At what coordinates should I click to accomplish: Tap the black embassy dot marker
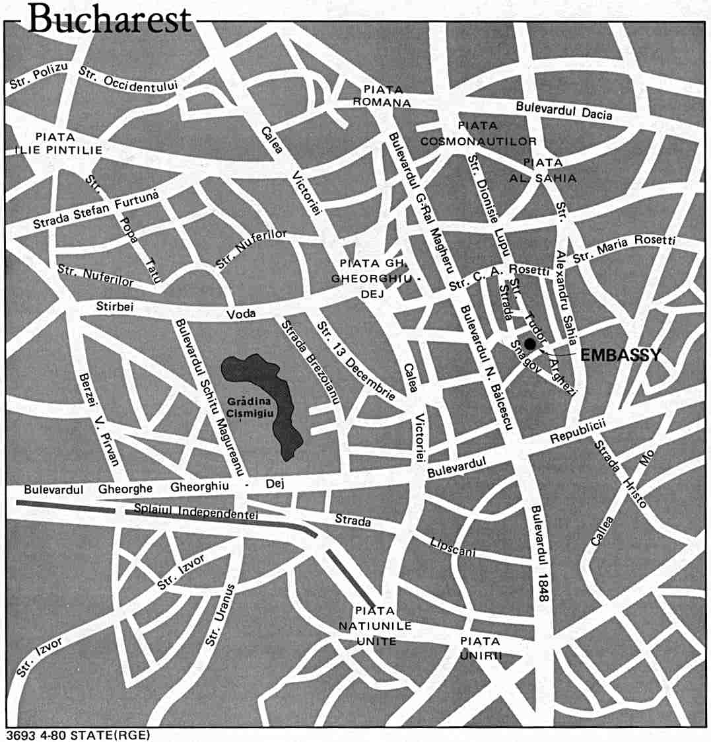(530, 343)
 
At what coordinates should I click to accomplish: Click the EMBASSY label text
(620, 355)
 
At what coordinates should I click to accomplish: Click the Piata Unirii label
(481, 648)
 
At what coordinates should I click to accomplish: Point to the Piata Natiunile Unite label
(375, 625)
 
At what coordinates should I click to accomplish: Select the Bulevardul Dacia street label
(564, 110)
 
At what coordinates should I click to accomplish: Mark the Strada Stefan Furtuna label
(96, 210)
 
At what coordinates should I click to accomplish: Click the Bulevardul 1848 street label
(539, 554)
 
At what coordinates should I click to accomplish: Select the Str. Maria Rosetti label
(623, 248)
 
